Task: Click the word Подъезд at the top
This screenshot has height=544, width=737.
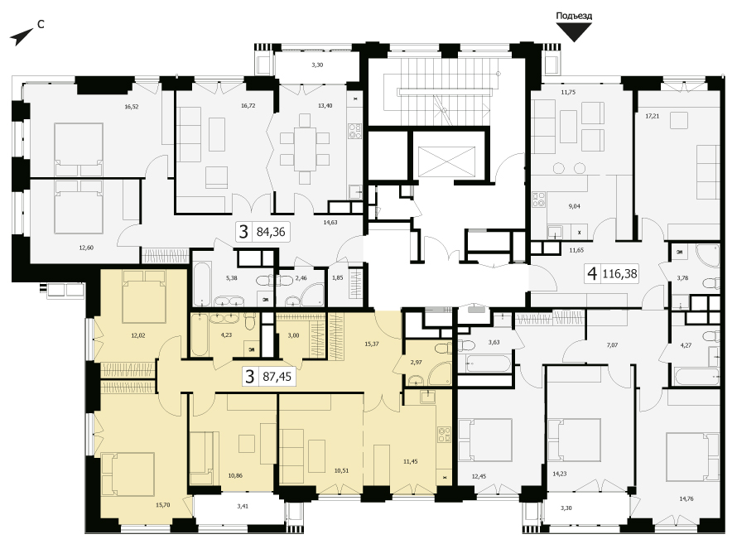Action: click(574, 16)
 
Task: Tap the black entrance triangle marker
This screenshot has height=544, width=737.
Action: click(574, 32)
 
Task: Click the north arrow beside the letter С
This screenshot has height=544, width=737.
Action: click(22, 37)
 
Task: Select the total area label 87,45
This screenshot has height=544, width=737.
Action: click(277, 377)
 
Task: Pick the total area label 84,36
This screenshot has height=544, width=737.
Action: click(271, 232)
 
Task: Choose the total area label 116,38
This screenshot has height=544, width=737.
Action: click(619, 273)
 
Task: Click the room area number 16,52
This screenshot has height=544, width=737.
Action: click(132, 107)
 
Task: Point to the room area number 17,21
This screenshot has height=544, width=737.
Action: click(652, 116)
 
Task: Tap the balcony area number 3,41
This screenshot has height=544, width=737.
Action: click(243, 506)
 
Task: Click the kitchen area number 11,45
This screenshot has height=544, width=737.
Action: click(411, 461)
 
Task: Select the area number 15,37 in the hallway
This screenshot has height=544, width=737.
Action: click(371, 344)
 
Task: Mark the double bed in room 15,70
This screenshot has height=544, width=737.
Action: click(128, 474)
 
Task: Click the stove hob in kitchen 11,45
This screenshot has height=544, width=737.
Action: click(444, 435)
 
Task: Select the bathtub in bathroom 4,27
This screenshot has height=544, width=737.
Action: click(696, 376)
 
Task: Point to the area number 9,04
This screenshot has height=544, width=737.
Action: click(575, 206)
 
